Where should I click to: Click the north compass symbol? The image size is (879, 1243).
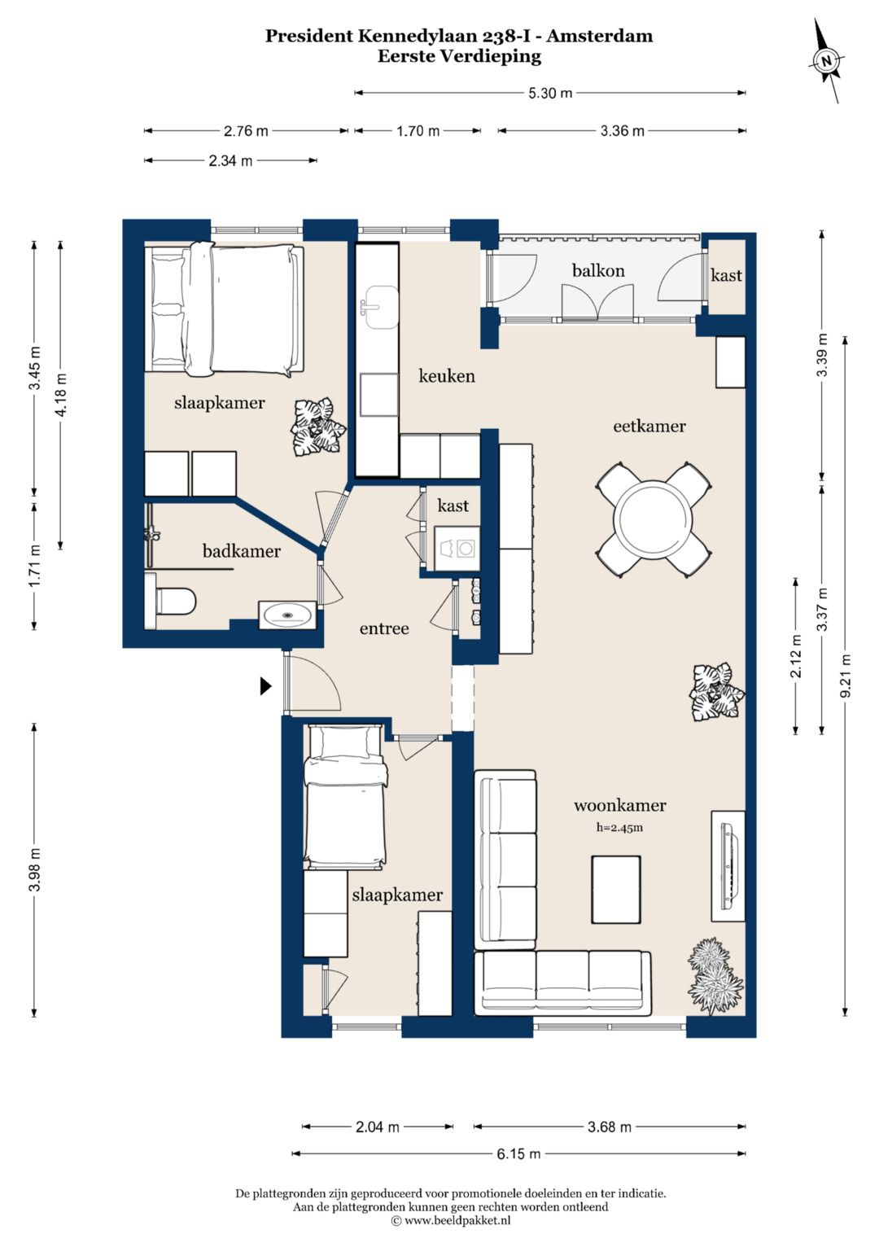(x=827, y=60)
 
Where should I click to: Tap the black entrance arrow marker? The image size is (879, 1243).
(x=266, y=686)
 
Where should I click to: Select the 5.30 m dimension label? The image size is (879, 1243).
(x=549, y=93)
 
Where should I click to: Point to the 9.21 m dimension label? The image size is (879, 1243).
(x=845, y=676)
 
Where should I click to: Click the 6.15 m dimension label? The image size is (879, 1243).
(x=518, y=1153)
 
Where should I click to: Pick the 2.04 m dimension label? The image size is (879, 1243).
(x=378, y=1127)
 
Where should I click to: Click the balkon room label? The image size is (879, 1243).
(x=598, y=271)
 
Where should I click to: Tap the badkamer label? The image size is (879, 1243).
(x=242, y=551)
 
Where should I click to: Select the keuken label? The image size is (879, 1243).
(x=447, y=376)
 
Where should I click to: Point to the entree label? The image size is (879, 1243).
(x=384, y=628)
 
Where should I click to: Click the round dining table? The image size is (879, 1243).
(x=653, y=520)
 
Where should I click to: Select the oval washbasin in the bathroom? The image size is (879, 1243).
(x=286, y=615)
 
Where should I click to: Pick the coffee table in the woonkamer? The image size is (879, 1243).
(x=616, y=890)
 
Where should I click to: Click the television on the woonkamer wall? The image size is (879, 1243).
(x=729, y=865)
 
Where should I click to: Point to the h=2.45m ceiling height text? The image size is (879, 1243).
(x=619, y=827)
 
